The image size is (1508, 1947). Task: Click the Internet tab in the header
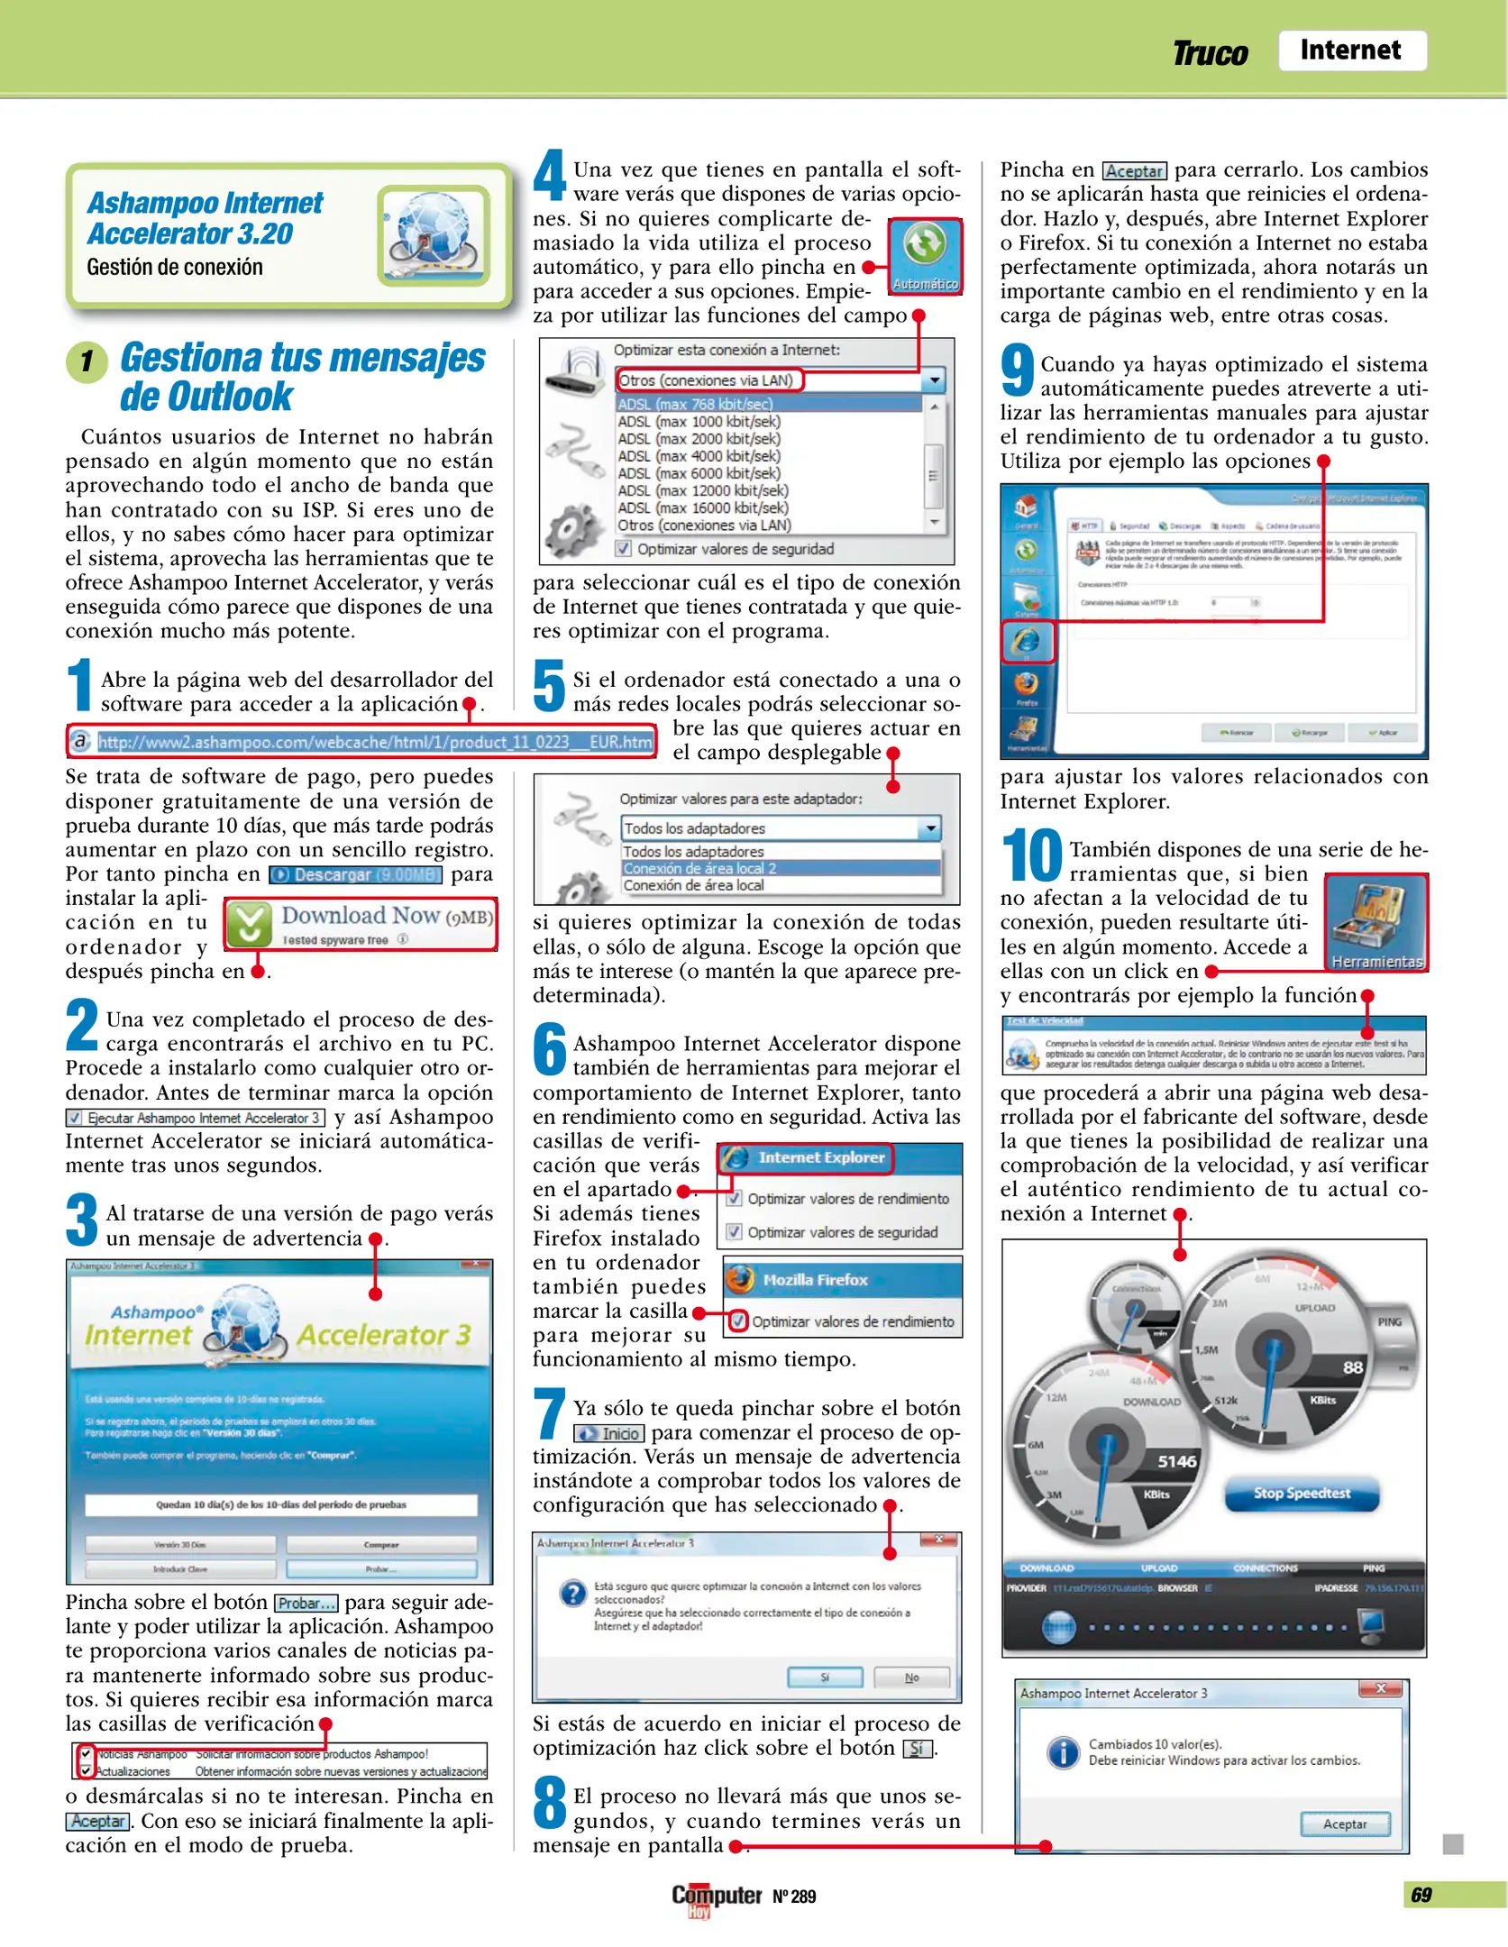(x=1351, y=50)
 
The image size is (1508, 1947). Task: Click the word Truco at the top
(x=1210, y=54)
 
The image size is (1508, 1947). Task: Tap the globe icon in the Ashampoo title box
(x=434, y=235)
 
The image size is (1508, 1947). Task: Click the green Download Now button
(x=361, y=924)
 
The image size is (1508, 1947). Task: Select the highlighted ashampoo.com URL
(x=375, y=742)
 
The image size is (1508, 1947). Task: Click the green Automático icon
(x=925, y=256)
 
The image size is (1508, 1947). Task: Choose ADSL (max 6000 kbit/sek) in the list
(x=699, y=473)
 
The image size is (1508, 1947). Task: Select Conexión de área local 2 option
(x=699, y=868)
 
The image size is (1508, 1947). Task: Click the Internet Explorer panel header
(x=806, y=1158)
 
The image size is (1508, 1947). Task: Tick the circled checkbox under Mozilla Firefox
(x=738, y=1321)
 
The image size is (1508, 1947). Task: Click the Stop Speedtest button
(x=1302, y=1494)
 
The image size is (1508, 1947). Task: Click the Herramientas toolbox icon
(x=1376, y=921)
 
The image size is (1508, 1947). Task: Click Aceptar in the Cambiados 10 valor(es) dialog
(x=1345, y=1824)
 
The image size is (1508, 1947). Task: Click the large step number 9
(x=1018, y=370)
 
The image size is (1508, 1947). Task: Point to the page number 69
(x=1421, y=1895)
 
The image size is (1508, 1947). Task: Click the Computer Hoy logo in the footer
(x=717, y=1897)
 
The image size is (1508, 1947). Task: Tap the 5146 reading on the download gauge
(x=1176, y=1461)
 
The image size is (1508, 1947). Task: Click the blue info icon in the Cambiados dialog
(x=1064, y=1752)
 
